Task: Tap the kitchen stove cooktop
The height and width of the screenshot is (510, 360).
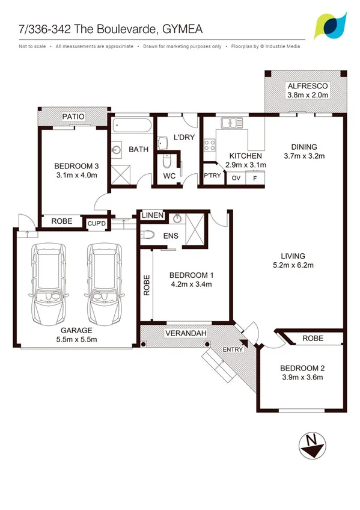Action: (x=211, y=144)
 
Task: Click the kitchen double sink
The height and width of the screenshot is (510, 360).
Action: (x=231, y=124)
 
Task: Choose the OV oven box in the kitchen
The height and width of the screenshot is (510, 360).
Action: (x=236, y=178)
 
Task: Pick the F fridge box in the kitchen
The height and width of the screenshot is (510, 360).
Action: (x=254, y=178)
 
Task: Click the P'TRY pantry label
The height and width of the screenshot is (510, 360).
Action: (x=211, y=176)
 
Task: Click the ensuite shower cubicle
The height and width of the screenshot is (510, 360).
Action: (x=195, y=231)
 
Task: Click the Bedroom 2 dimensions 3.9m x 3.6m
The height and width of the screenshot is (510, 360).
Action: (x=302, y=378)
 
